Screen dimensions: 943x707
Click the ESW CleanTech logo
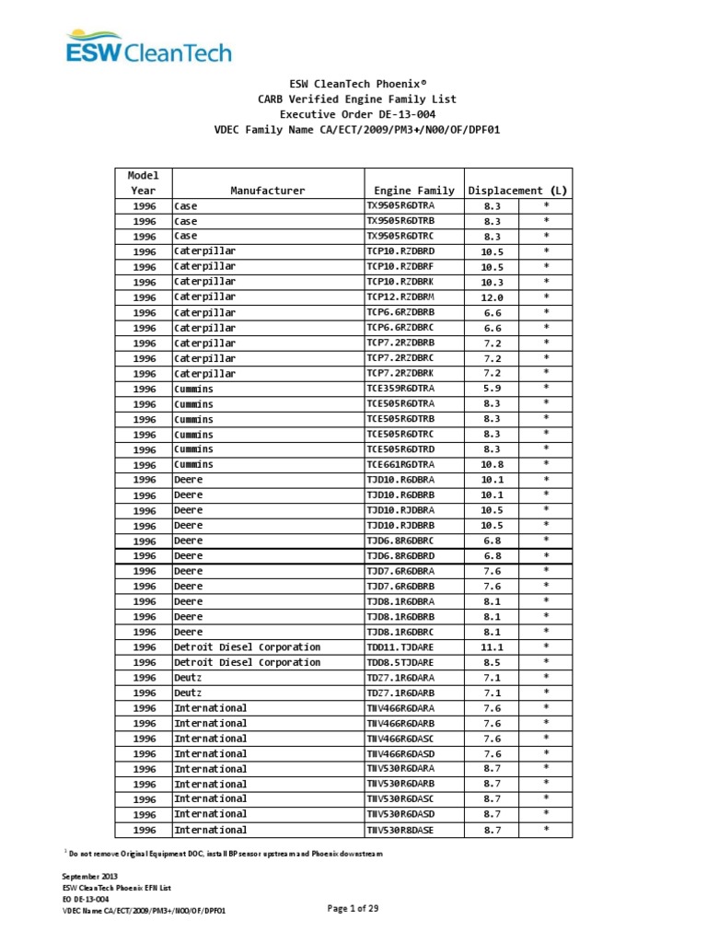point(148,46)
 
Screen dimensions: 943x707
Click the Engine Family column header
point(411,191)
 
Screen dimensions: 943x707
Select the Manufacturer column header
point(267,191)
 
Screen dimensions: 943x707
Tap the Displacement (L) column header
point(518,191)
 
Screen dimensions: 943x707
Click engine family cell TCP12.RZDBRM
point(400,297)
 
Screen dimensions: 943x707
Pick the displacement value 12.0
point(493,297)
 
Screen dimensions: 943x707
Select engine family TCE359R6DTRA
point(400,389)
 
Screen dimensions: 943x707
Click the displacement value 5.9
point(493,389)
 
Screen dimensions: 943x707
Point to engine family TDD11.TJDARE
point(400,647)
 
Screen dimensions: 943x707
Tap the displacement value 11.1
point(493,647)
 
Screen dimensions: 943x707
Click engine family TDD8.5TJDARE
point(400,662)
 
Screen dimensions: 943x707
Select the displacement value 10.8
point(493,465)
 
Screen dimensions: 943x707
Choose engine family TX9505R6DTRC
point(400,237)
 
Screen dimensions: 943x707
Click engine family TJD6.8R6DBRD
point(400,556)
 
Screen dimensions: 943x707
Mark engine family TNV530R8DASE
point(400,830)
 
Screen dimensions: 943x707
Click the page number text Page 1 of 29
point(353,909)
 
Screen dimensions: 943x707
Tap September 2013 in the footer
point(90,876)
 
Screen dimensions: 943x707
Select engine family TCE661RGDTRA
point(400,465)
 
